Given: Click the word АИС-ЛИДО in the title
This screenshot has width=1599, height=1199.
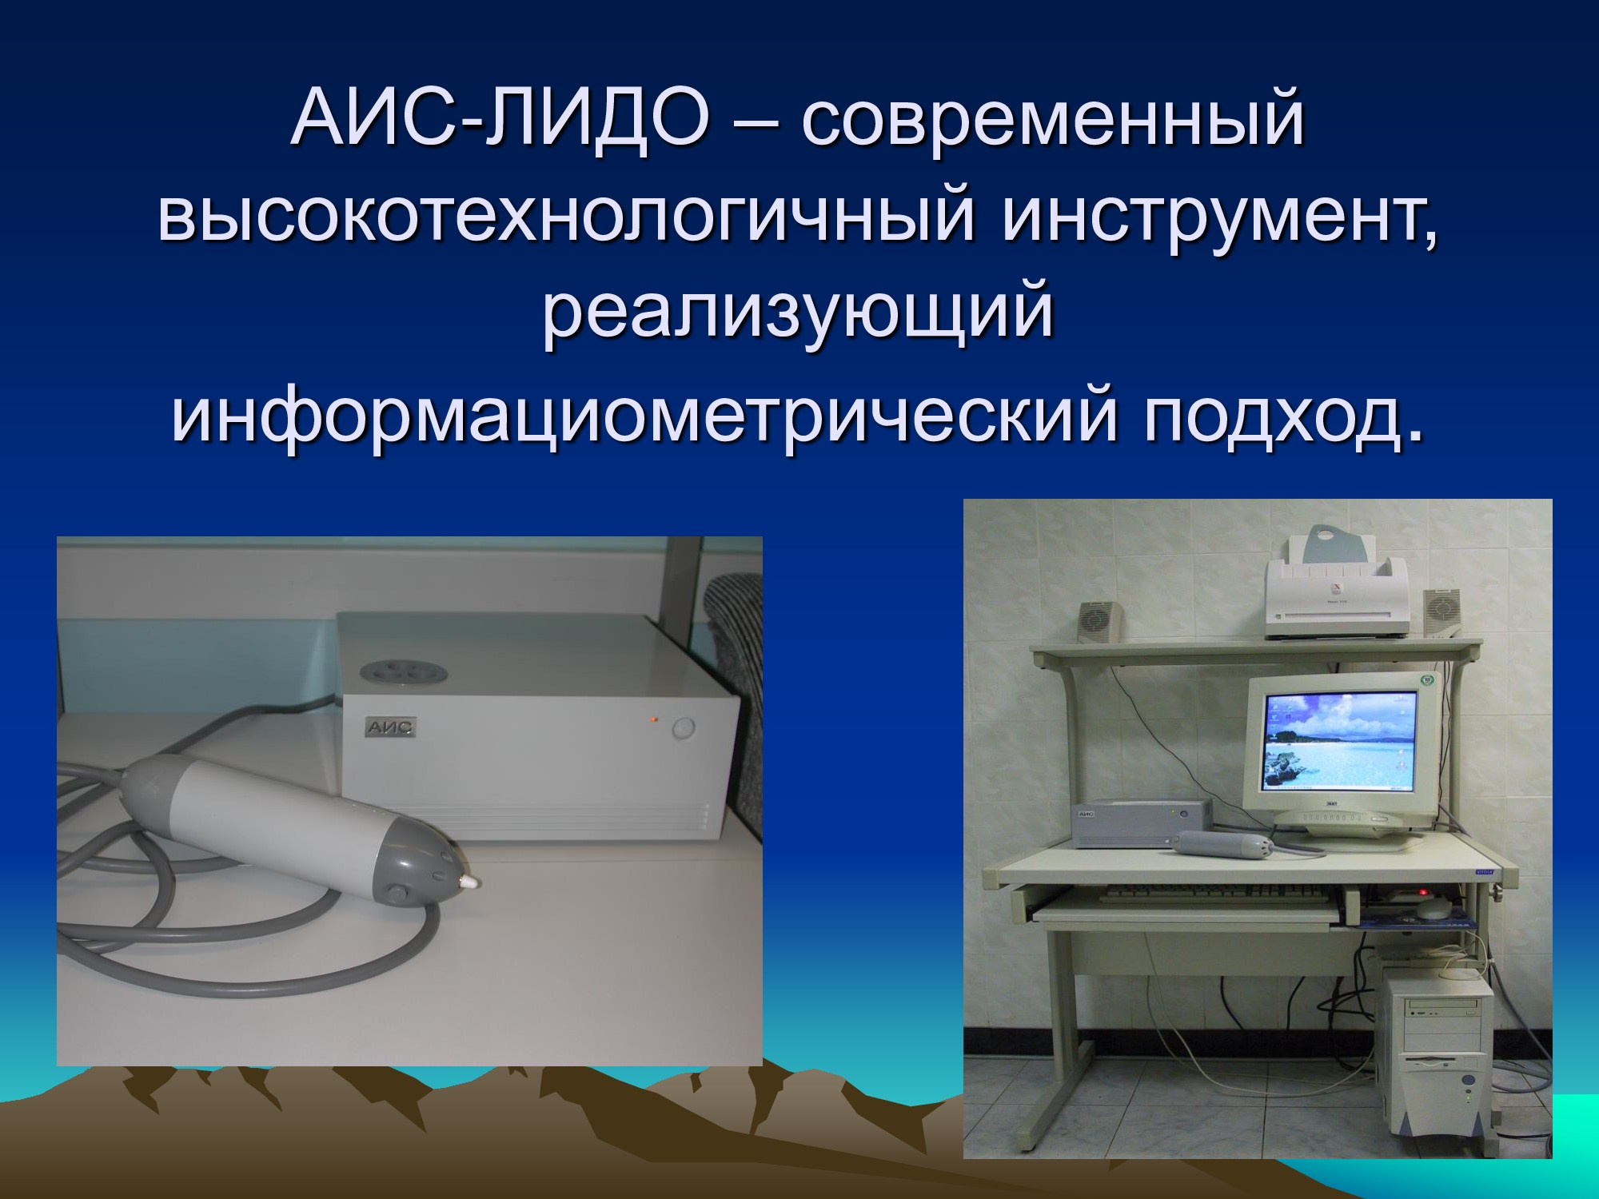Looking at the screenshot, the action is point(500,120).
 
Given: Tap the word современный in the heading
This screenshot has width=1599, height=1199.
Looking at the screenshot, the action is point(1054,120).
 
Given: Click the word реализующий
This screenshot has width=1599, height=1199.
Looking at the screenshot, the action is point(798,312).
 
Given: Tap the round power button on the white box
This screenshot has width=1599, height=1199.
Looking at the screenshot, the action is point(684,728).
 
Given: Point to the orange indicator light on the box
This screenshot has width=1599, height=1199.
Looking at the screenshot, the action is point(654,720).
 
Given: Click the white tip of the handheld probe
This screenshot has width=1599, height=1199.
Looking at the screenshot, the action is point(472,883).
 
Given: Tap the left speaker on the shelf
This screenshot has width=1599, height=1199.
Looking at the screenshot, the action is point(1093,622).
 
